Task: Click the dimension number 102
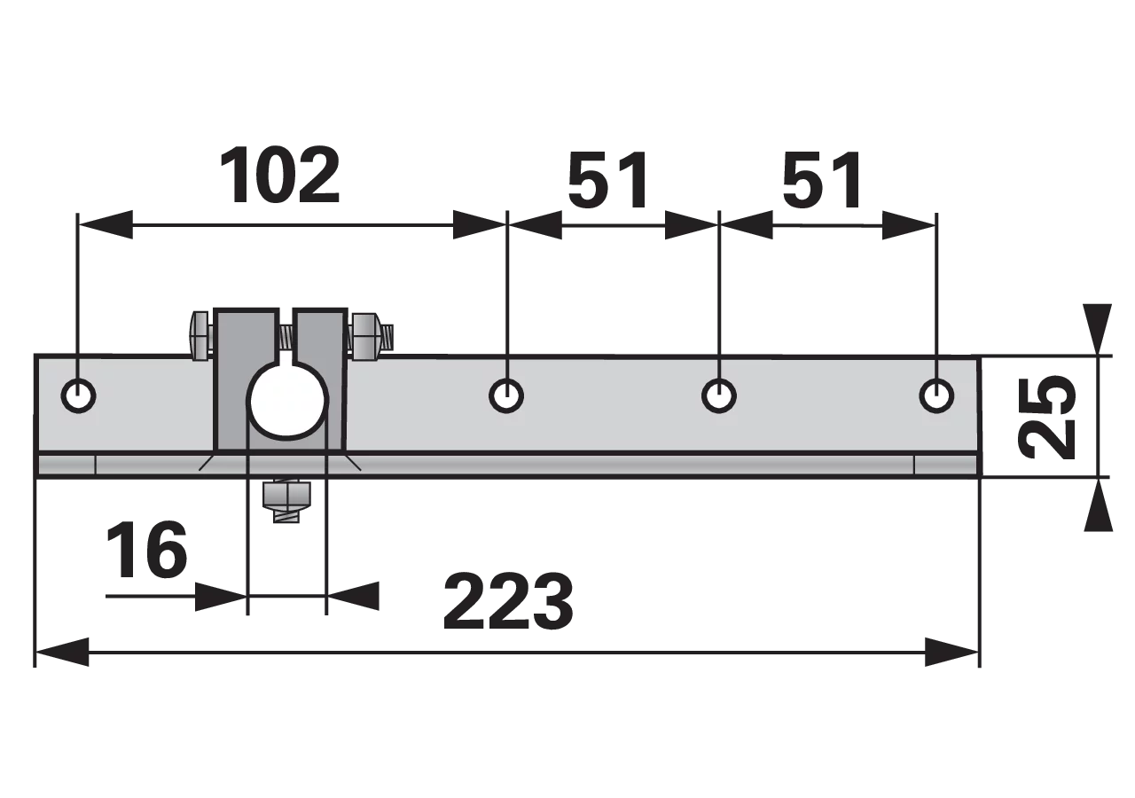point(279,176)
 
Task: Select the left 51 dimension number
point(607,180)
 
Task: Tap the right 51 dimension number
point(821,180)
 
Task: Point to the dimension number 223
point(508,601)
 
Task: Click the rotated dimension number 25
point(1047,417)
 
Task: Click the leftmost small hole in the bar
point(79,395)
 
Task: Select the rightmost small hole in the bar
point(936,395)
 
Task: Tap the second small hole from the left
point(506,395)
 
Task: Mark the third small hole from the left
point(719,395)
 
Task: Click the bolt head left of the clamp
point(200,336)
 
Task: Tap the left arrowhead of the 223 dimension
point(62,652)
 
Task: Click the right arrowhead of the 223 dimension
point(951,652)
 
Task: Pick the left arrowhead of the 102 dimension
point(106,224)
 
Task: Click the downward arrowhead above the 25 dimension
point(1098,328)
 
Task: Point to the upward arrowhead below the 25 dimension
point(1098,505)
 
